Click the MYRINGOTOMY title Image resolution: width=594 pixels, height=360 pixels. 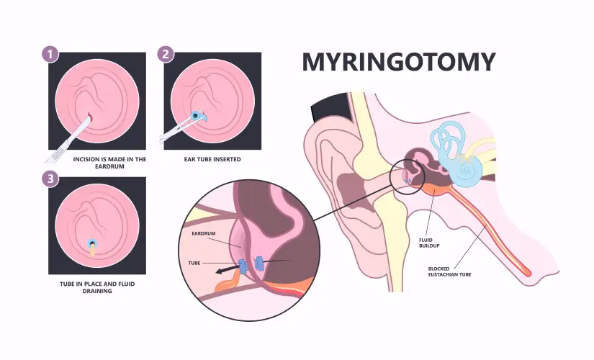click(x=398, y=62)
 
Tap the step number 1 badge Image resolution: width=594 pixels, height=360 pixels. click(x=50, y=53)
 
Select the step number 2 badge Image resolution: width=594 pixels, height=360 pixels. click(x=166, y=53)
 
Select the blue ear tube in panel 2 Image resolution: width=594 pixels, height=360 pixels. click(x=199, y=114)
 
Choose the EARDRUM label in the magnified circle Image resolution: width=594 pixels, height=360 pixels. click(x=207, y=234)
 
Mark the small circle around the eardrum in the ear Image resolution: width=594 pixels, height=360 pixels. click(x=408, y=177)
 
